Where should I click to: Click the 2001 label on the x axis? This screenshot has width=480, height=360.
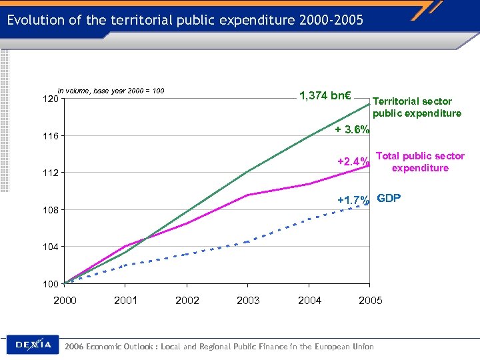click(126, 301)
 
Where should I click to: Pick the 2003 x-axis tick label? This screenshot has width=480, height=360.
click(248, 301)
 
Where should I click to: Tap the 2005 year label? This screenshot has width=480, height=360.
click(371, 301)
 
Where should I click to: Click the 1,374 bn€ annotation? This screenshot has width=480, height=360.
click(326, 96)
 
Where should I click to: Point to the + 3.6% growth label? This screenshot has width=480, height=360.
click(352, 130)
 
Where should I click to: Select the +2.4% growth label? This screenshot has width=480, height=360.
click(353, 162)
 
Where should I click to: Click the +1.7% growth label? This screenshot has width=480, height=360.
click(353, 200)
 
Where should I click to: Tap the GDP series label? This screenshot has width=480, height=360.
click(389, 198)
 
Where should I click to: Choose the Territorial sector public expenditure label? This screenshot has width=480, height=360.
click(417, 107)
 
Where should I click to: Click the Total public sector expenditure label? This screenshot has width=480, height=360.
click(420, 162)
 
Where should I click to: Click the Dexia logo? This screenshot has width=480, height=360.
click(33, 345)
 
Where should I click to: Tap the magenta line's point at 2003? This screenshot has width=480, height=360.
click(248, 195)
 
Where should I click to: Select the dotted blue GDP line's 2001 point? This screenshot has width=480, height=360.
click(126, 265)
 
